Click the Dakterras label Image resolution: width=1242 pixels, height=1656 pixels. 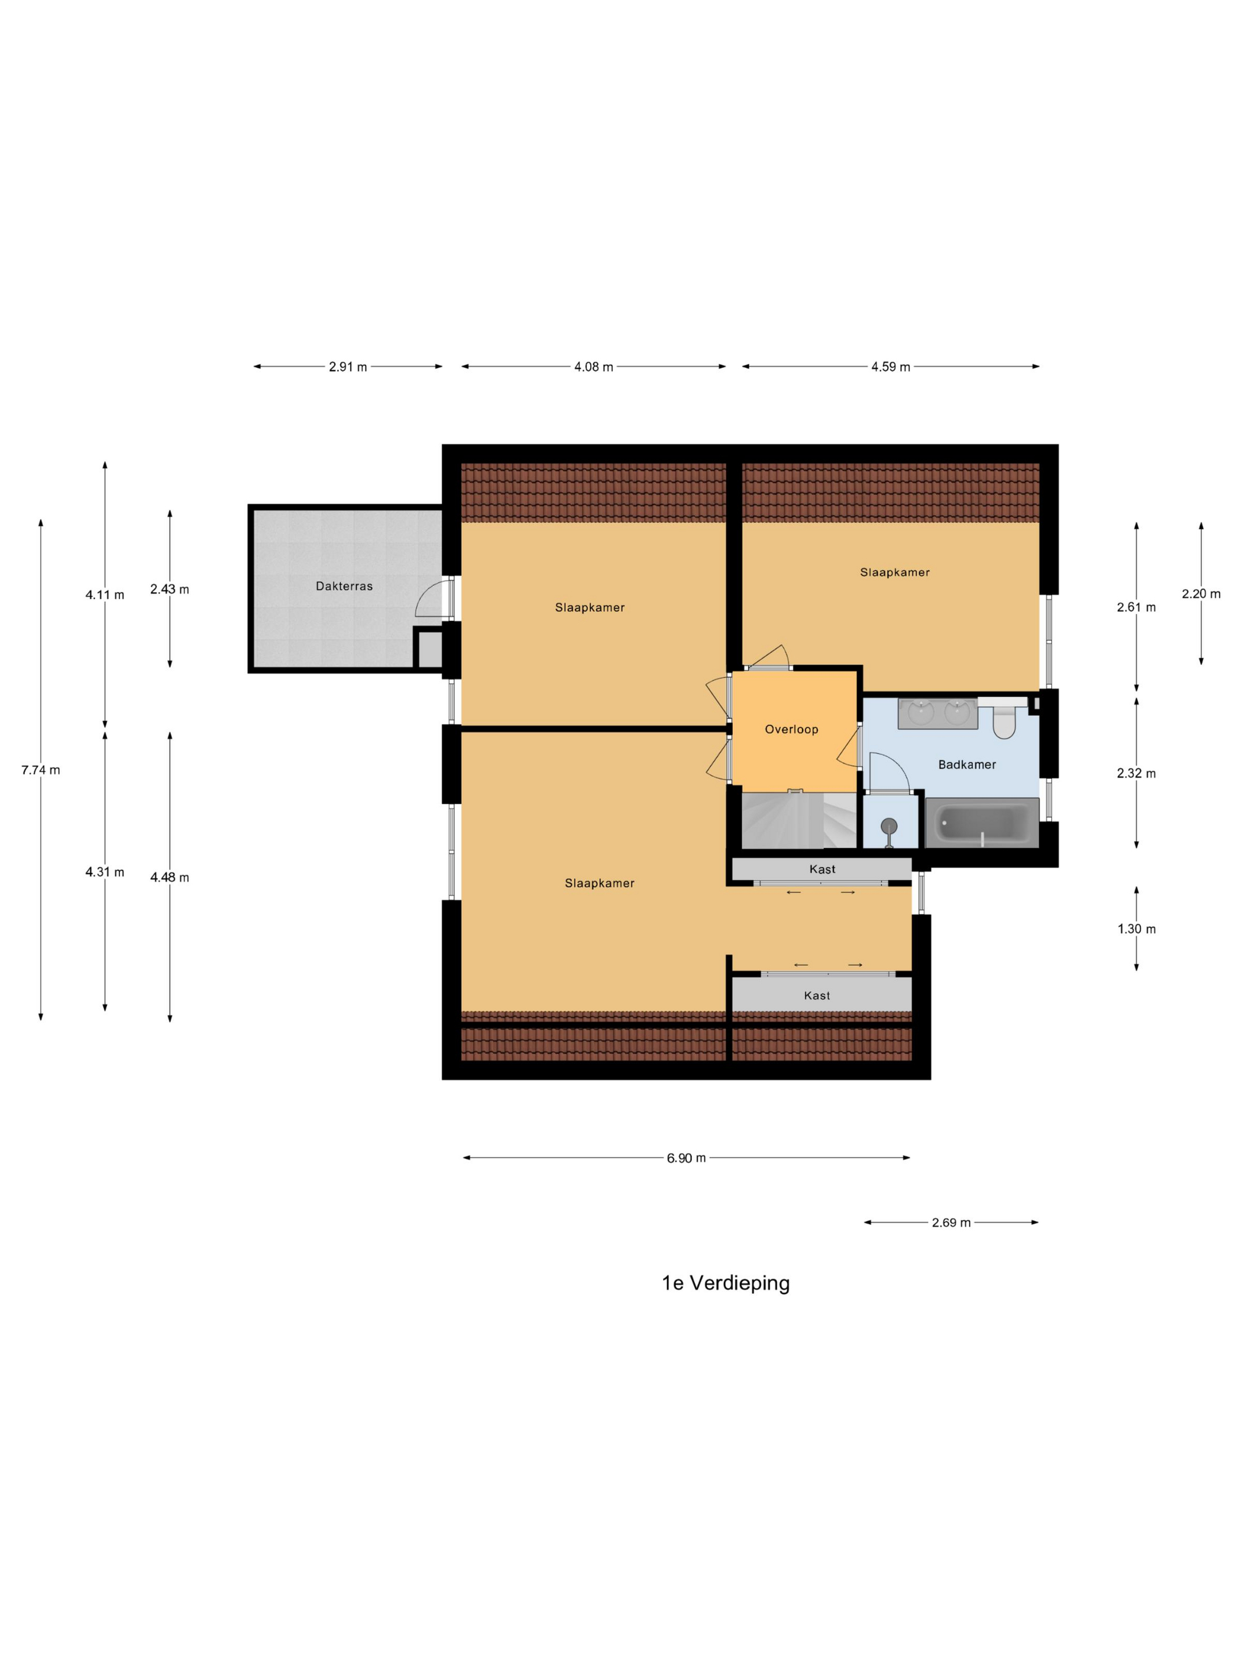click(344, 586)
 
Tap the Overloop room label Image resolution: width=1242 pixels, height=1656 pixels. click(791, 729)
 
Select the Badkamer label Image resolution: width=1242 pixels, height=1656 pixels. click(967, 764)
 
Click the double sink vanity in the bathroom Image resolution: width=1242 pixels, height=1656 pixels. click(938, 713)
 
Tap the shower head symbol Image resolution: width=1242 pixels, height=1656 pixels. click(889, 830)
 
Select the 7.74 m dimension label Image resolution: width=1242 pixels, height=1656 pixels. click(40, 769)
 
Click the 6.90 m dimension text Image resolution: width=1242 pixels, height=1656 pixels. click(687, 1158)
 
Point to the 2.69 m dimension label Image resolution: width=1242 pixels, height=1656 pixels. click(951, 1222)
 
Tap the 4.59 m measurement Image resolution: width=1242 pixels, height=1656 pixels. click(890, 367)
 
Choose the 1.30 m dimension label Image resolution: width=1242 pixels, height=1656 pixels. click(1137, 929)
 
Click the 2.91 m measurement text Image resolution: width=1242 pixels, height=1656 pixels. click(348, 367)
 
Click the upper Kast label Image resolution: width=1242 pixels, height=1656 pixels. click(822, 869)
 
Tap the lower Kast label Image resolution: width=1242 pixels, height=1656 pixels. click(817, 996)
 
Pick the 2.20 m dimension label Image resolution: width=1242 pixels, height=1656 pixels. click(1201, 594)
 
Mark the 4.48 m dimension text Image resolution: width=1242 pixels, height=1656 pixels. click(169, 878)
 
